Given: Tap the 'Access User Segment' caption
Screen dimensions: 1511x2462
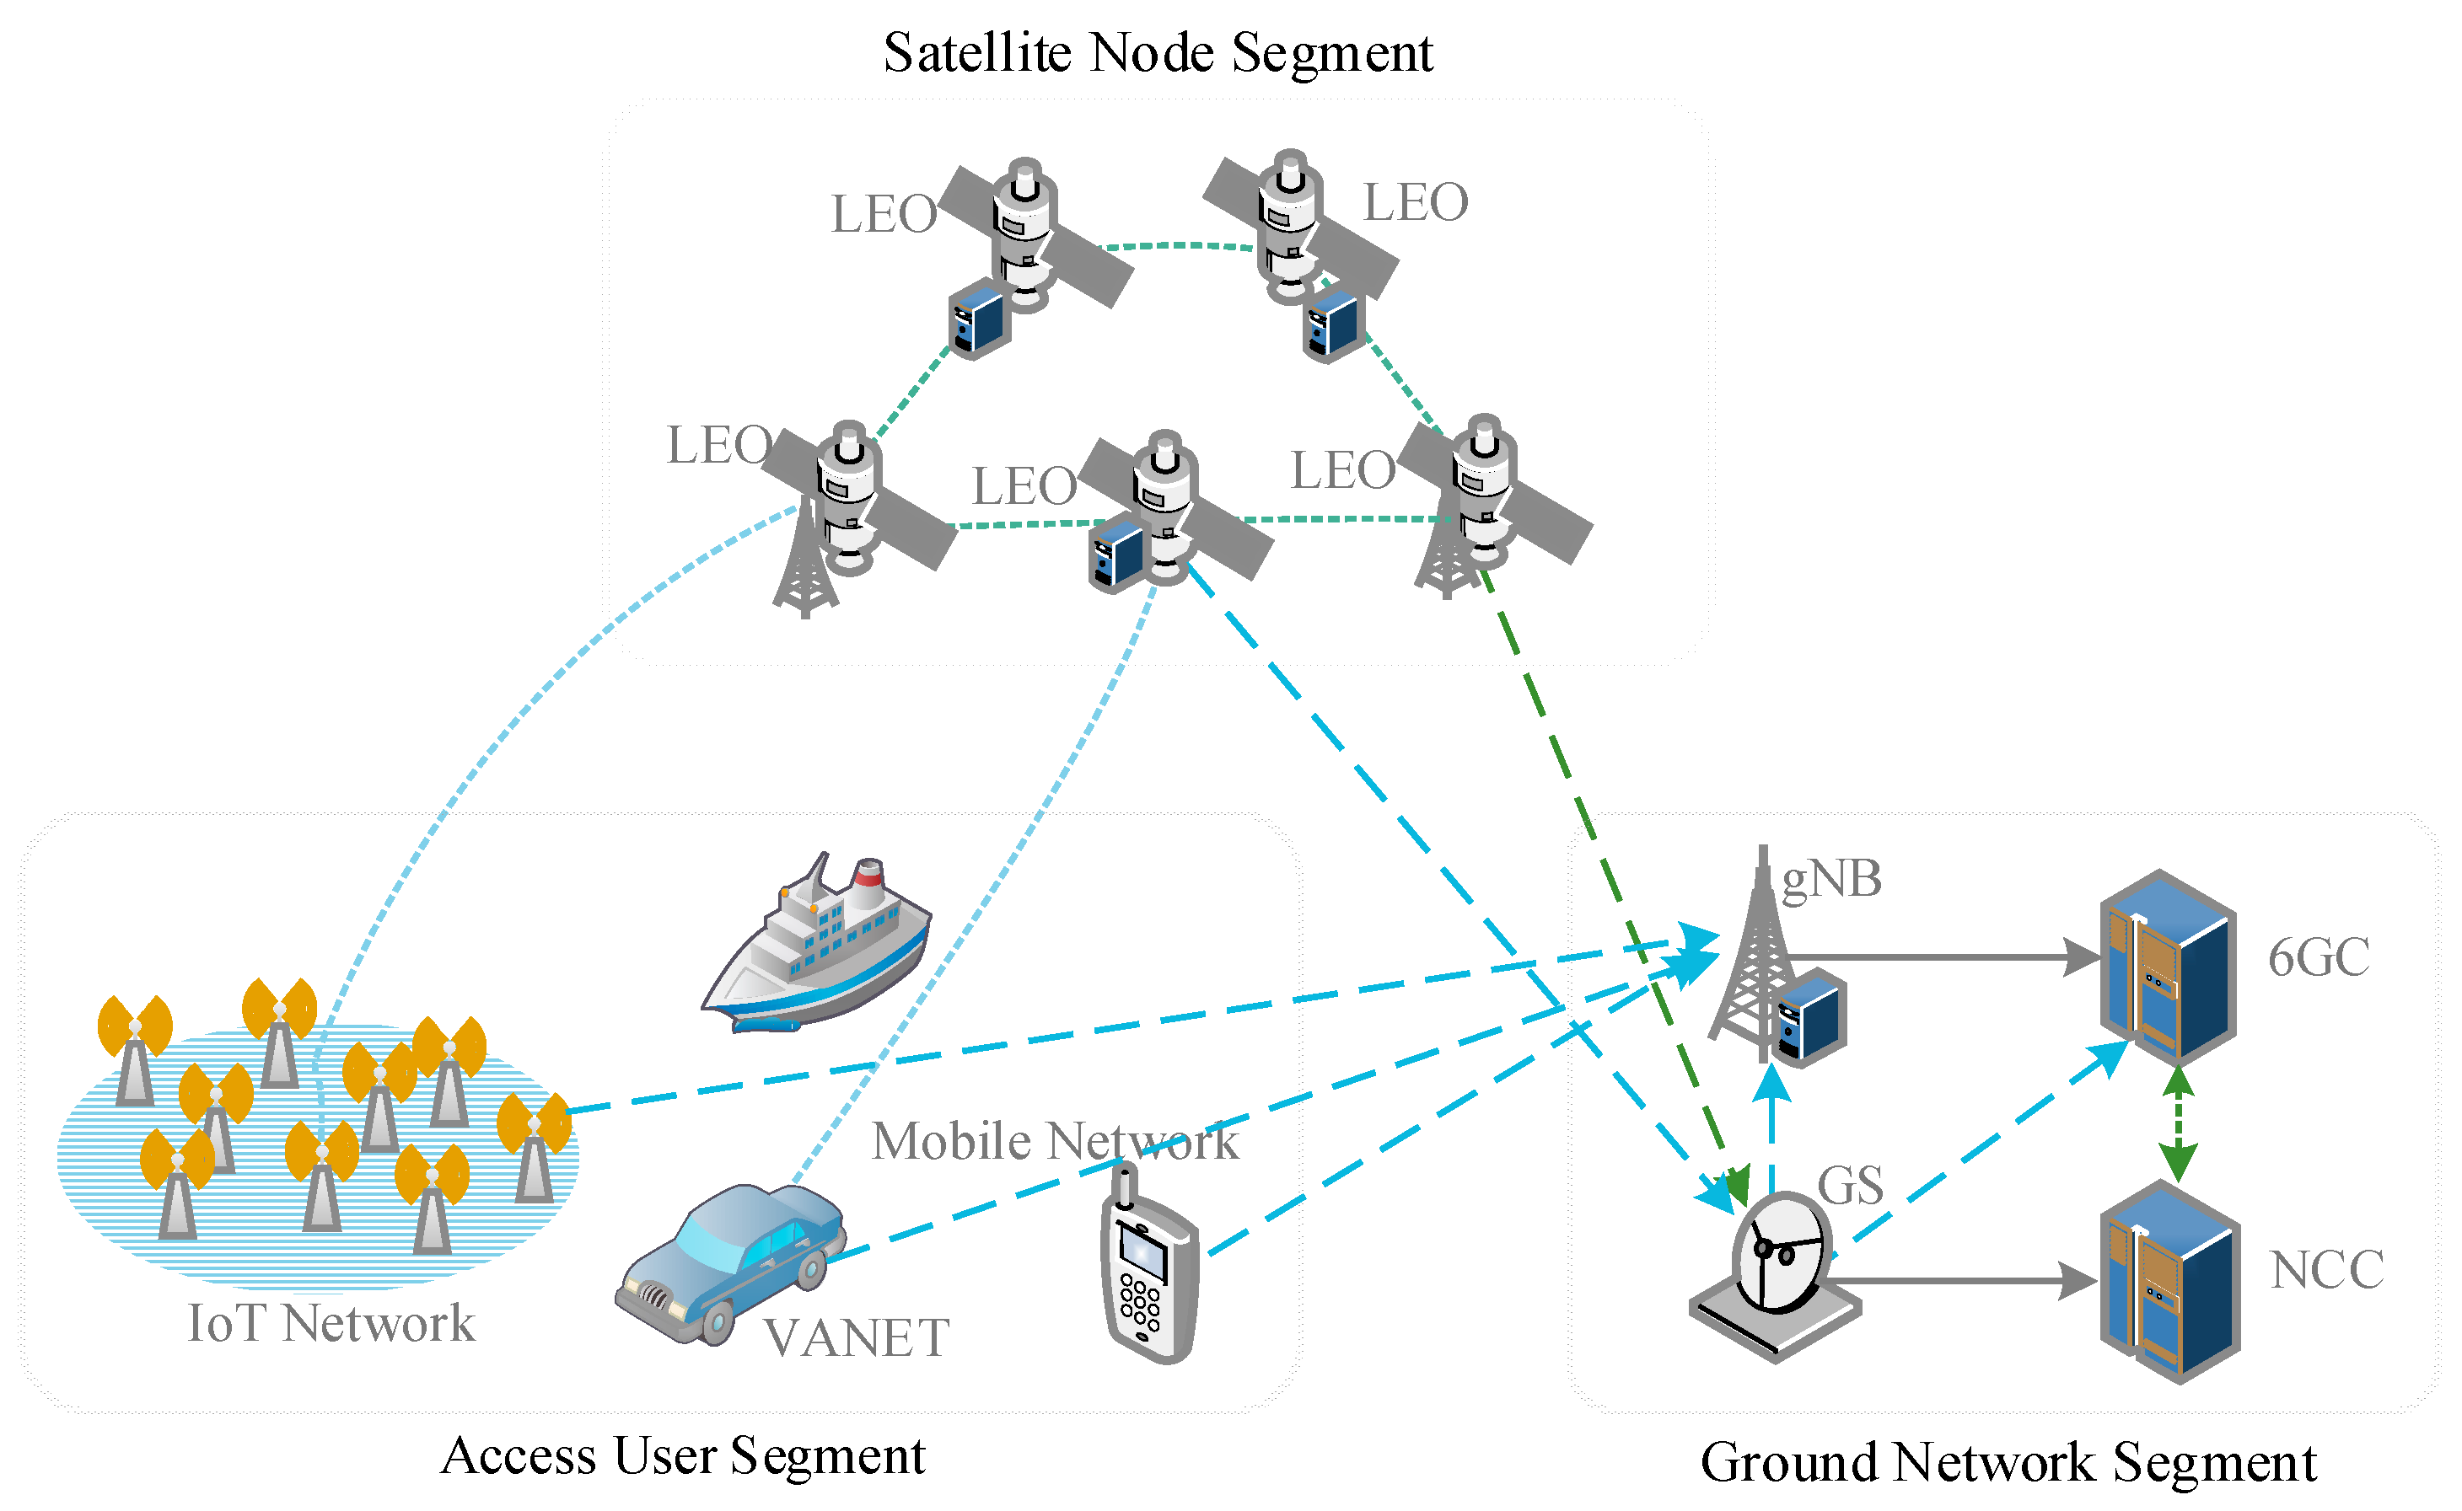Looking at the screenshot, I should click(683, 1455).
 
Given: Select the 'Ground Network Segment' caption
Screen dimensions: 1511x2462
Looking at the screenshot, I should click(2008, 1462).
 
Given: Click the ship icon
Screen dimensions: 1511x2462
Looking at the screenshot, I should click(818, 945).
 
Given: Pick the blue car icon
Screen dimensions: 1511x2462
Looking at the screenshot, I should click(729, 1262).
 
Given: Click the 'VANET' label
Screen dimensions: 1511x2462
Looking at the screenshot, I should click(856, 1338).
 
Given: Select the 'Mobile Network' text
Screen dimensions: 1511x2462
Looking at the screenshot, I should click(1055, 1141).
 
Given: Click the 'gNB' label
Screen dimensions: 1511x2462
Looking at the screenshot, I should click(1831, 880).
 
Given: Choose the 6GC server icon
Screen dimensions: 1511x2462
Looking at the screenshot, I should click(2167, 967).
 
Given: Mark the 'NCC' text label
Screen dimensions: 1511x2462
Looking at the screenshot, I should click(2326, 1270).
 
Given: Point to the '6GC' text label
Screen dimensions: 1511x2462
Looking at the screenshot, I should click(2318, 957).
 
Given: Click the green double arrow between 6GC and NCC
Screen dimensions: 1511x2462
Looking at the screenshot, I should click(2178, 1124).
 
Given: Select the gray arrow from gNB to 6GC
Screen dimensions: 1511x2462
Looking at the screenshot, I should click(1939, 957).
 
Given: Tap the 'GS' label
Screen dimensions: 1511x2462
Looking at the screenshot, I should click(1849, 1187).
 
